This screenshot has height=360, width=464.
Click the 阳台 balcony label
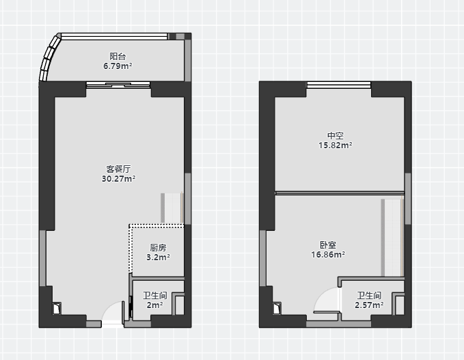click(118, 56)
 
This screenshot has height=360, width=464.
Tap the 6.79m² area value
click(118, 66)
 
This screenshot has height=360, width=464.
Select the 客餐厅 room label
click(118, 169)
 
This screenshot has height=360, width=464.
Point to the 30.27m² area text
click(118, 179)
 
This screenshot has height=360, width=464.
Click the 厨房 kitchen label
click(158, 247)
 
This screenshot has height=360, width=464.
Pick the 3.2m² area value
click(158, 257)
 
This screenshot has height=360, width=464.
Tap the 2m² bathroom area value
click(154, 305)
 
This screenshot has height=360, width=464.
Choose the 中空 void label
click(336, 136)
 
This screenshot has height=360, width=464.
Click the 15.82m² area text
click(336, 146)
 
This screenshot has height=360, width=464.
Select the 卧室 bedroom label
click(328, 245)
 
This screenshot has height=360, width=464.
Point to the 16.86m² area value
click(328, 254)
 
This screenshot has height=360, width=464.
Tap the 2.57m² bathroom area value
click(369, 305)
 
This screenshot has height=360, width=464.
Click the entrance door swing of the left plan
click(113, 312)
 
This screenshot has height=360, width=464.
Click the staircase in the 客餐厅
click(172, 208)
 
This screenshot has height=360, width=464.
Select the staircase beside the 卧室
click(392, 238)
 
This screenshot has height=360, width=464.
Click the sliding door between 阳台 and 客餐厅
click(118, 85)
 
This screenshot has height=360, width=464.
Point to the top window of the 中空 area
click(339, 85)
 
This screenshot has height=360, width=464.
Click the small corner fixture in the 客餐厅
click(57, 308)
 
